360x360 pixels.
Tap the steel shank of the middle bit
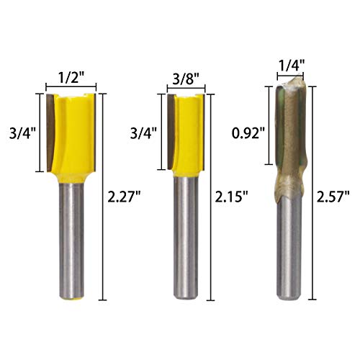click(185, 238)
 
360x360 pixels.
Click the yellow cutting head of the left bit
click(74, 133)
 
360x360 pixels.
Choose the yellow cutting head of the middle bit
click(189, 133)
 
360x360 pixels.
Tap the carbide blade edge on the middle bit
click(171, 133)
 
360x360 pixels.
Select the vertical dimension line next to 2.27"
click(104, 194)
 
